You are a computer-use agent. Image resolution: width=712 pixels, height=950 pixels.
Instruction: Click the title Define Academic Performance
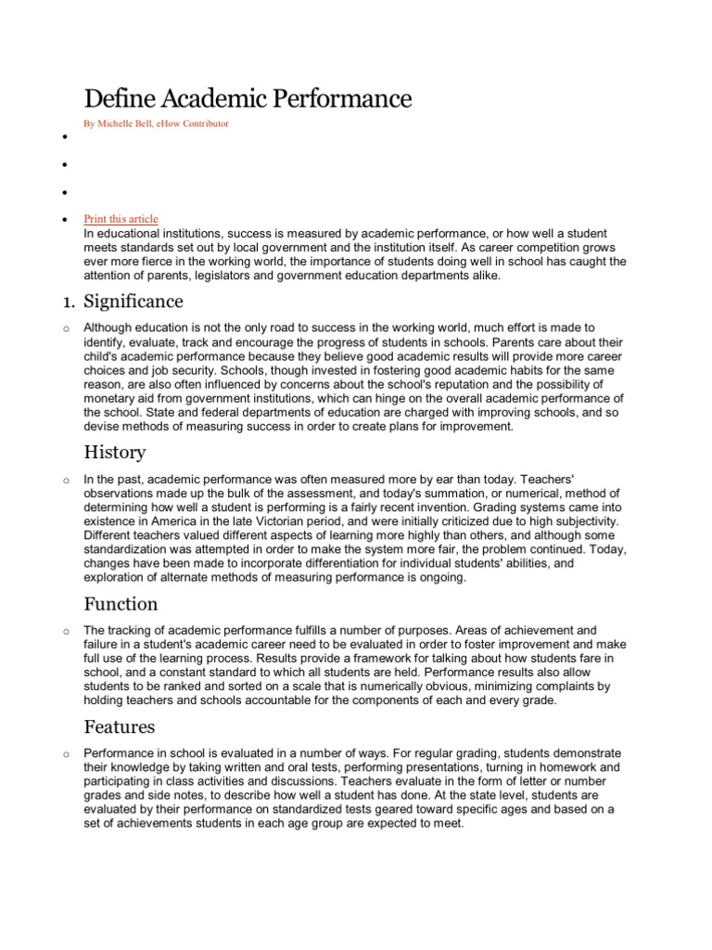pos(248,99)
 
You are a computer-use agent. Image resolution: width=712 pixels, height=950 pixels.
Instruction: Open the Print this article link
pos(121,219)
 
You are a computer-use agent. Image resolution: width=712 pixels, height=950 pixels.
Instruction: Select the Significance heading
pos(133,302)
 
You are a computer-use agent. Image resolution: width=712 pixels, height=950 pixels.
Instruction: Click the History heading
pos(114,453)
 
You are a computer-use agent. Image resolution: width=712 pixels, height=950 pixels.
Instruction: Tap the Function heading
pos(121,604)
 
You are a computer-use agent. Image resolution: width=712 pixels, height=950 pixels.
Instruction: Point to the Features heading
pos(120,726)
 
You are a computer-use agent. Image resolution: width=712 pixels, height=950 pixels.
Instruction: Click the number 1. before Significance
pos(68,302)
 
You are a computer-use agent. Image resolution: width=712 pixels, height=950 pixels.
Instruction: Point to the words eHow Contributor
pos(197,123)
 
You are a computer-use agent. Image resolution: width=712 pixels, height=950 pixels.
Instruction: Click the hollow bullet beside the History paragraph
pos(66,481)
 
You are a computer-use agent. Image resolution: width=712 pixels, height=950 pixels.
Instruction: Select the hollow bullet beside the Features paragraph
pos(66,754)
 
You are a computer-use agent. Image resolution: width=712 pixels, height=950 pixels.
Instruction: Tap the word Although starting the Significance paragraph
pos(109,327)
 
